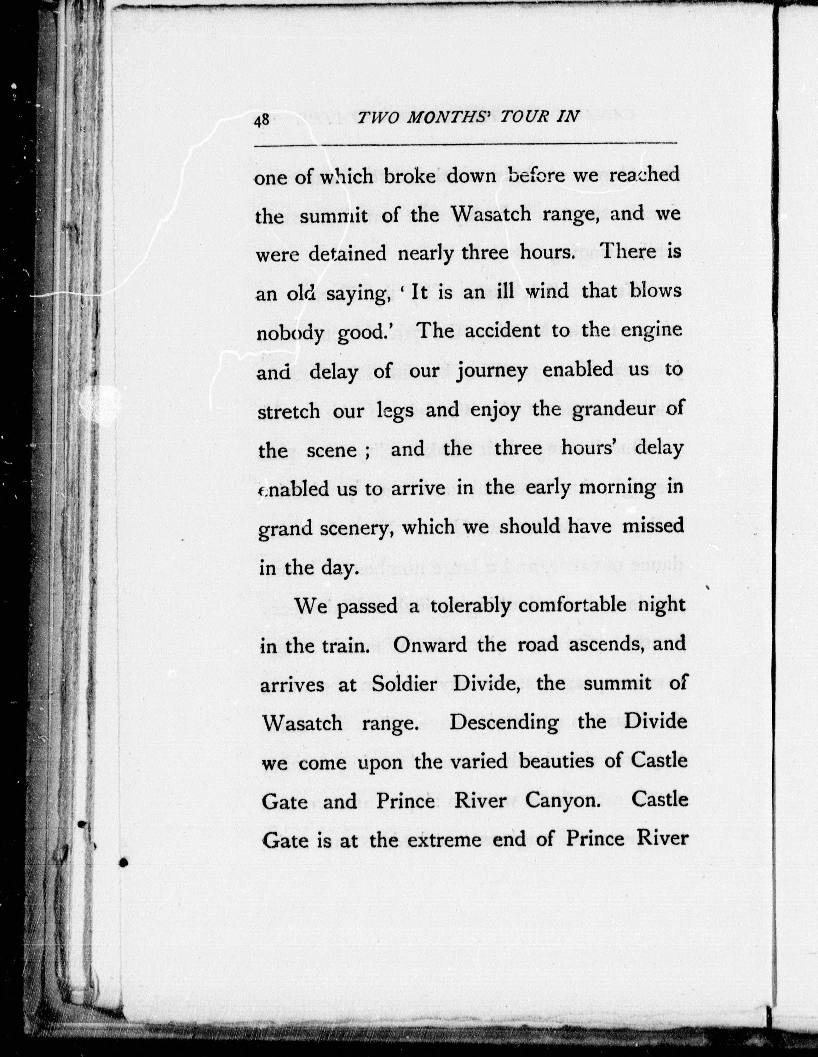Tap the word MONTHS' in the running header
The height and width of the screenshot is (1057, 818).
pos(447,119)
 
